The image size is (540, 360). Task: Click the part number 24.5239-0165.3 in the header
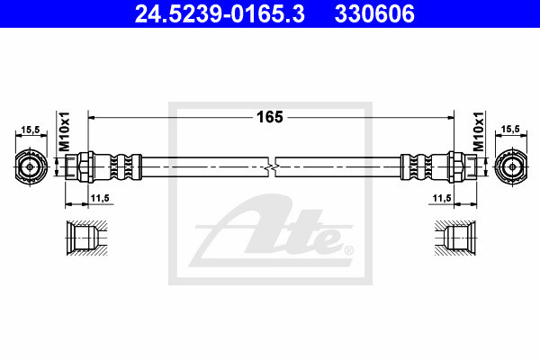220,13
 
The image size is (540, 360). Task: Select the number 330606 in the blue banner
374,13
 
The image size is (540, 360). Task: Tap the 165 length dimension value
270,117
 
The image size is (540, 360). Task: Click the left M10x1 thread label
65,131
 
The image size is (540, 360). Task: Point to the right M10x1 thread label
478,131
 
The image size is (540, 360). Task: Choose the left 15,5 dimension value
31,130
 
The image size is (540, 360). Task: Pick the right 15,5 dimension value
510,130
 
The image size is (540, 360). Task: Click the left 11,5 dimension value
100,198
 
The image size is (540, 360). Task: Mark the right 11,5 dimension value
442,198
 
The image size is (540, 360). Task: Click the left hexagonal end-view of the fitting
31,167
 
